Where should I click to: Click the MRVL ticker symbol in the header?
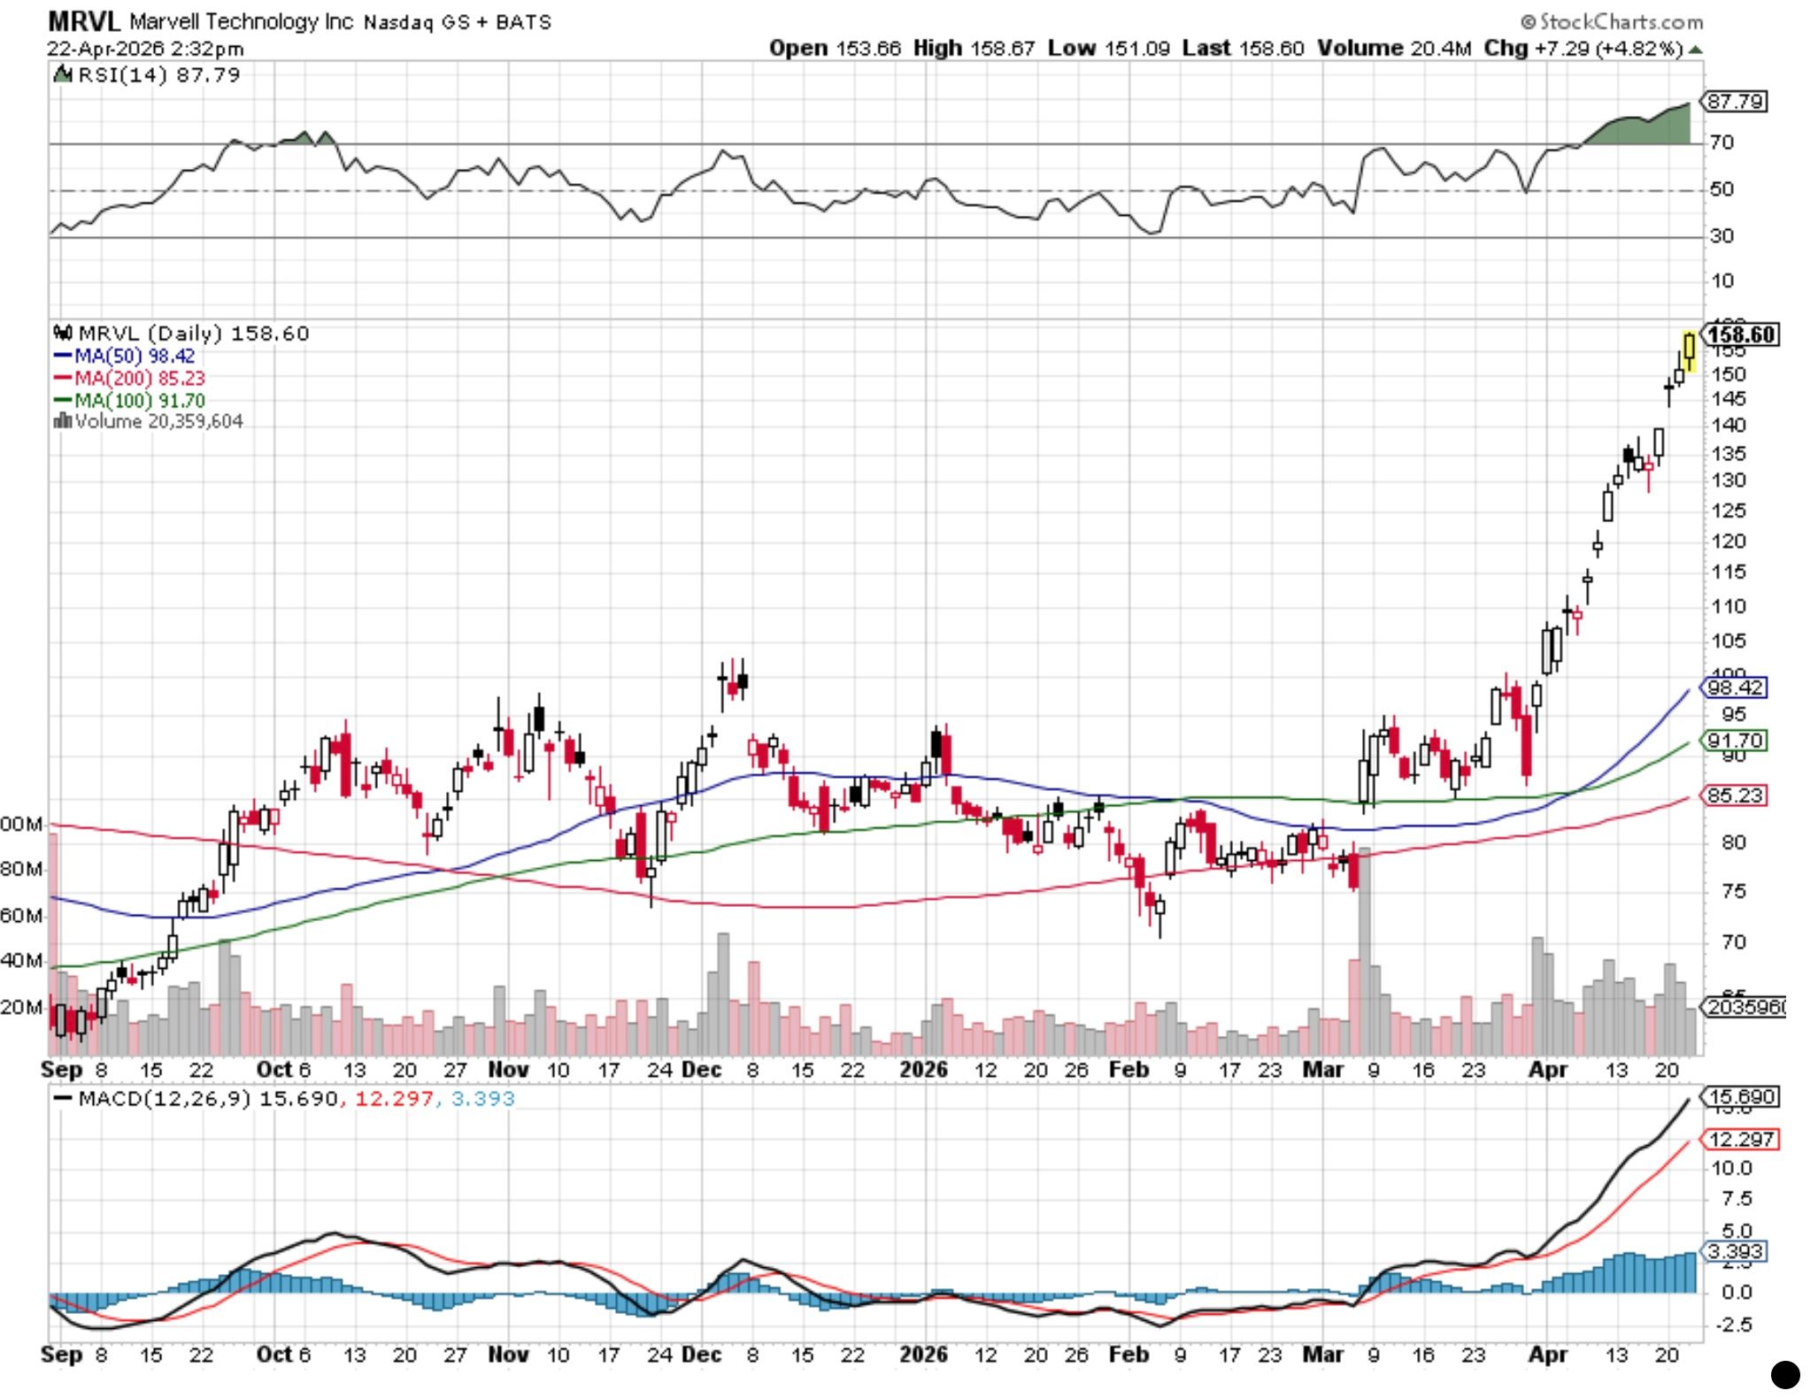tap(83, 21)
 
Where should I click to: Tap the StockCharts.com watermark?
tap(1612, 21)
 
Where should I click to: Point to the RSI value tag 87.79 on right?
tap(1735, 102)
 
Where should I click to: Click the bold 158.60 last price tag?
tap(1740, 334)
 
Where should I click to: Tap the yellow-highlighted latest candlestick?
tap(1690, 352)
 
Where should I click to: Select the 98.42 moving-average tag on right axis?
tap(1735, 687)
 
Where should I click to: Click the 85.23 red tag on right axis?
tap(1735, 795)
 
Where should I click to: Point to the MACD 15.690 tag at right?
tap(1741, 1097)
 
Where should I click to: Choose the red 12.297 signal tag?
tap(1741, 1140)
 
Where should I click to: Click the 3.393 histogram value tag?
tap(1736, 1251)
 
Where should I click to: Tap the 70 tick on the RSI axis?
tap(1722, 142)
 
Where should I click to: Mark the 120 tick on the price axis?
tap(1728, 542)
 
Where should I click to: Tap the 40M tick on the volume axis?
tap(21, 960)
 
